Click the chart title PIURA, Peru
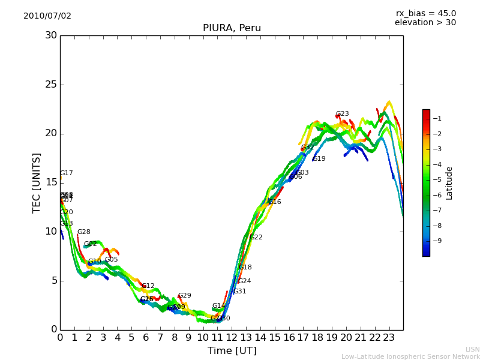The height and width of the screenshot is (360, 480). click(232, 28)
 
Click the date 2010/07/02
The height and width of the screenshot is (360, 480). click(47, 16)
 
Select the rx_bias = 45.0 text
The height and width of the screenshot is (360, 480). click(425, 14)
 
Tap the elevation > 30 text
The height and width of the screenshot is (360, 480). click(425, 23)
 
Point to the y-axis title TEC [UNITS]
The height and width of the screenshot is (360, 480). click(37, 182)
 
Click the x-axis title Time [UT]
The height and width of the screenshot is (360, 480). click(232, 351)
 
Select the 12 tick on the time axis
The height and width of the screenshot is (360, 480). click(232, 338)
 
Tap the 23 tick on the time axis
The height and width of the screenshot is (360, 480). click(389, 338)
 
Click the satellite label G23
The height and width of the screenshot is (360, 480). click(342, 114)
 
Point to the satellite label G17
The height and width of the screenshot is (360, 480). click(66, 173)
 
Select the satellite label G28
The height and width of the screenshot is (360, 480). click(83, 232)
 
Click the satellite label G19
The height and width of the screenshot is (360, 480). click(319, 159)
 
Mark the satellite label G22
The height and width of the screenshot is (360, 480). click(256, 238)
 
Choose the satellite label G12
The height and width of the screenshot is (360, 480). click(148, 286)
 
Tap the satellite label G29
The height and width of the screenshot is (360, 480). click(184, 296)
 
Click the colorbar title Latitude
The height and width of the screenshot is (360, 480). click(449, 183)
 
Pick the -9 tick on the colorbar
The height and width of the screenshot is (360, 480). click(436, 241)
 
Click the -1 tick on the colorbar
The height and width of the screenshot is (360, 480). click(436, 119)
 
